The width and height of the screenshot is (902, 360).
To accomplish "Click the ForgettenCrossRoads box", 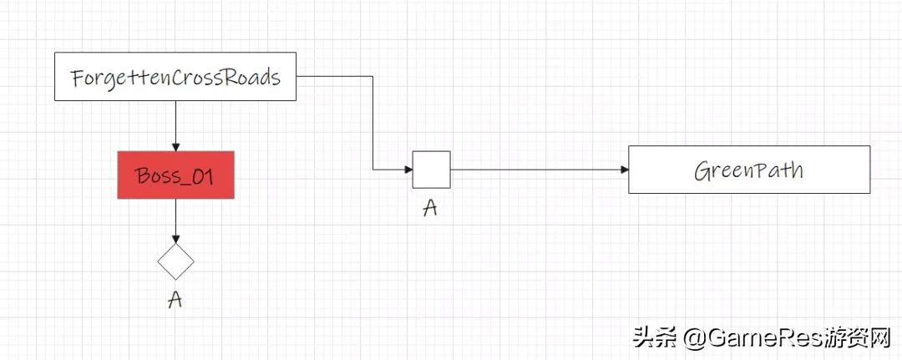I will [x=175, y=78].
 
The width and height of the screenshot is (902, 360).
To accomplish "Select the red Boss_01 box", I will [x=175, y=175].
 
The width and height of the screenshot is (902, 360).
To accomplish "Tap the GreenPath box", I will [x=748, y=170].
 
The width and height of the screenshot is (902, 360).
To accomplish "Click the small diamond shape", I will [x=175, y=261].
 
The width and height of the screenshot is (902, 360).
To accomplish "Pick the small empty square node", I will [x=431, y=170].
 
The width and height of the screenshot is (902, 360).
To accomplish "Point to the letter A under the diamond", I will [x=175, y=300].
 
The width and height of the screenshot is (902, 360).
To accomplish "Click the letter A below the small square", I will [x=431, y=207].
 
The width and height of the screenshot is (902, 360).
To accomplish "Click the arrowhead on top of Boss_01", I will [x=175, y=146].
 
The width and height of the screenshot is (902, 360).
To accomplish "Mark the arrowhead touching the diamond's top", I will [x=175, y=239].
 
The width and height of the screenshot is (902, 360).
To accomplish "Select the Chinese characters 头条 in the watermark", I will [x=656, y=337].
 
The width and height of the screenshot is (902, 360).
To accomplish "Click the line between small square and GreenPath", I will [x=535, y=170].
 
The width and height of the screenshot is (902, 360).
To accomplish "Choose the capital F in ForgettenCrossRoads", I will [x=78, y=79].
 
